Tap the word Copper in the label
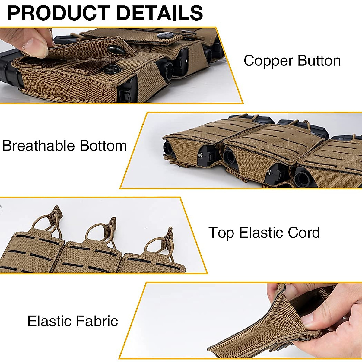pyautogui.click(x=268, y=61)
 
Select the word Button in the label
pyautogui.click(x=319, y=61)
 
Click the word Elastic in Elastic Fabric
pyautogui.click(x=49, y=321)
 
